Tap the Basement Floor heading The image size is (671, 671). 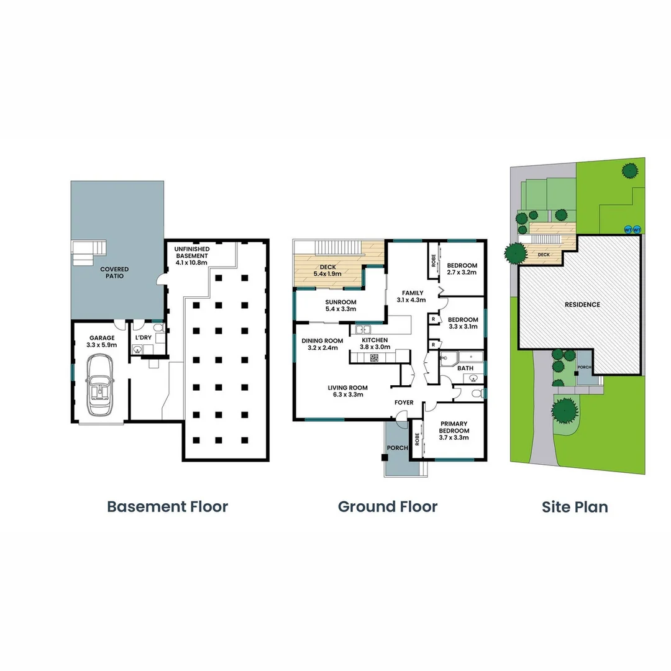click(167, 506)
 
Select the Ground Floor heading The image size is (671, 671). click(387, 506)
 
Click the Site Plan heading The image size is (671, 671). click(575, 506)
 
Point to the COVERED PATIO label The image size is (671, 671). click(114, 272)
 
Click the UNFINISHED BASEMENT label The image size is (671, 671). click(193, 256)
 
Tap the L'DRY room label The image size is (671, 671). click(144, 337)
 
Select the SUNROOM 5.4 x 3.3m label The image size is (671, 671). click(340, 305)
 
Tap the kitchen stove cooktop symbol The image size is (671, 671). click(375, 357)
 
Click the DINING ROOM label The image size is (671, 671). click(322, 344)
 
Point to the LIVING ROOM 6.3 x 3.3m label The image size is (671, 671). click(348, 391)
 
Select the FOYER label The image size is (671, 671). click(404, 403)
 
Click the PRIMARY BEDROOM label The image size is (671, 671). click(454, 430)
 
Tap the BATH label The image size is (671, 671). click(465, 368)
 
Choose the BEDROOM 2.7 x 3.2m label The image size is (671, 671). click(462, 269)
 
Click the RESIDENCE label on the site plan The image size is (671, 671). click(582, 304)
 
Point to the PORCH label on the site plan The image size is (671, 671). click(585, 367)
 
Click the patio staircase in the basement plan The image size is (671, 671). click(88, 253)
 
